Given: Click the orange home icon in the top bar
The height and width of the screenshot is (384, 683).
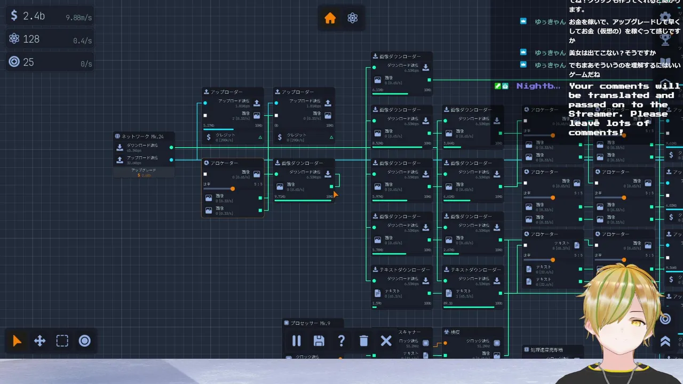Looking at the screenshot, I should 330,18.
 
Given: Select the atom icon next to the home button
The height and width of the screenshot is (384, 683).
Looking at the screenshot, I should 352,18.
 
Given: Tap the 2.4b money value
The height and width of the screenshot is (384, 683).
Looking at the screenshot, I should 34,16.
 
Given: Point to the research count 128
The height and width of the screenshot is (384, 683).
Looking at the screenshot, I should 31,39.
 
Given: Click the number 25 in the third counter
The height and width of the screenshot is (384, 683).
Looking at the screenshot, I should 28,62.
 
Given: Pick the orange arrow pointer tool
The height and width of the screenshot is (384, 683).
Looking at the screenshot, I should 17,341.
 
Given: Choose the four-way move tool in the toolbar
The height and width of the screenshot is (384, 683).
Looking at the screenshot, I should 40,341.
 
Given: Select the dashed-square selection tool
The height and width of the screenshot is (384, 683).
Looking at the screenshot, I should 62,341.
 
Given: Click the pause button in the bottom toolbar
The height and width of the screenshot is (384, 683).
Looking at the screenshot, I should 297,341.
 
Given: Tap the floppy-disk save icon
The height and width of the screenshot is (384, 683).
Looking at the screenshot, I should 319,341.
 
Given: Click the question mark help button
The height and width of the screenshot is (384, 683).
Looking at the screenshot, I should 341,341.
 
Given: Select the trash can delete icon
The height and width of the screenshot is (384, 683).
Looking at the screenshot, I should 364,341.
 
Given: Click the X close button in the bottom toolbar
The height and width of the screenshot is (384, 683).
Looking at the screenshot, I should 386,341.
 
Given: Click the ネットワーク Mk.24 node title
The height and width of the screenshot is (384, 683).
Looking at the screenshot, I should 142,137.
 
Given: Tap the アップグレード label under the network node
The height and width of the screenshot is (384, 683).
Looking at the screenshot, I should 144,170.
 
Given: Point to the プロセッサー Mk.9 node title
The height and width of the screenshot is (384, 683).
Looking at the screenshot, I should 311,323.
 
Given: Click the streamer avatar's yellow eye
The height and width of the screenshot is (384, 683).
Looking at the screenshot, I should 634,323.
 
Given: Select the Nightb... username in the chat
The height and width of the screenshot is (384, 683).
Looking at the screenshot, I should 538,86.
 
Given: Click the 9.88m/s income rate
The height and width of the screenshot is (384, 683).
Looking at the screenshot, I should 78,18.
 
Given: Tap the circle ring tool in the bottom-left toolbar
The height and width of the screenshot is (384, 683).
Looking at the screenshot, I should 85,341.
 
